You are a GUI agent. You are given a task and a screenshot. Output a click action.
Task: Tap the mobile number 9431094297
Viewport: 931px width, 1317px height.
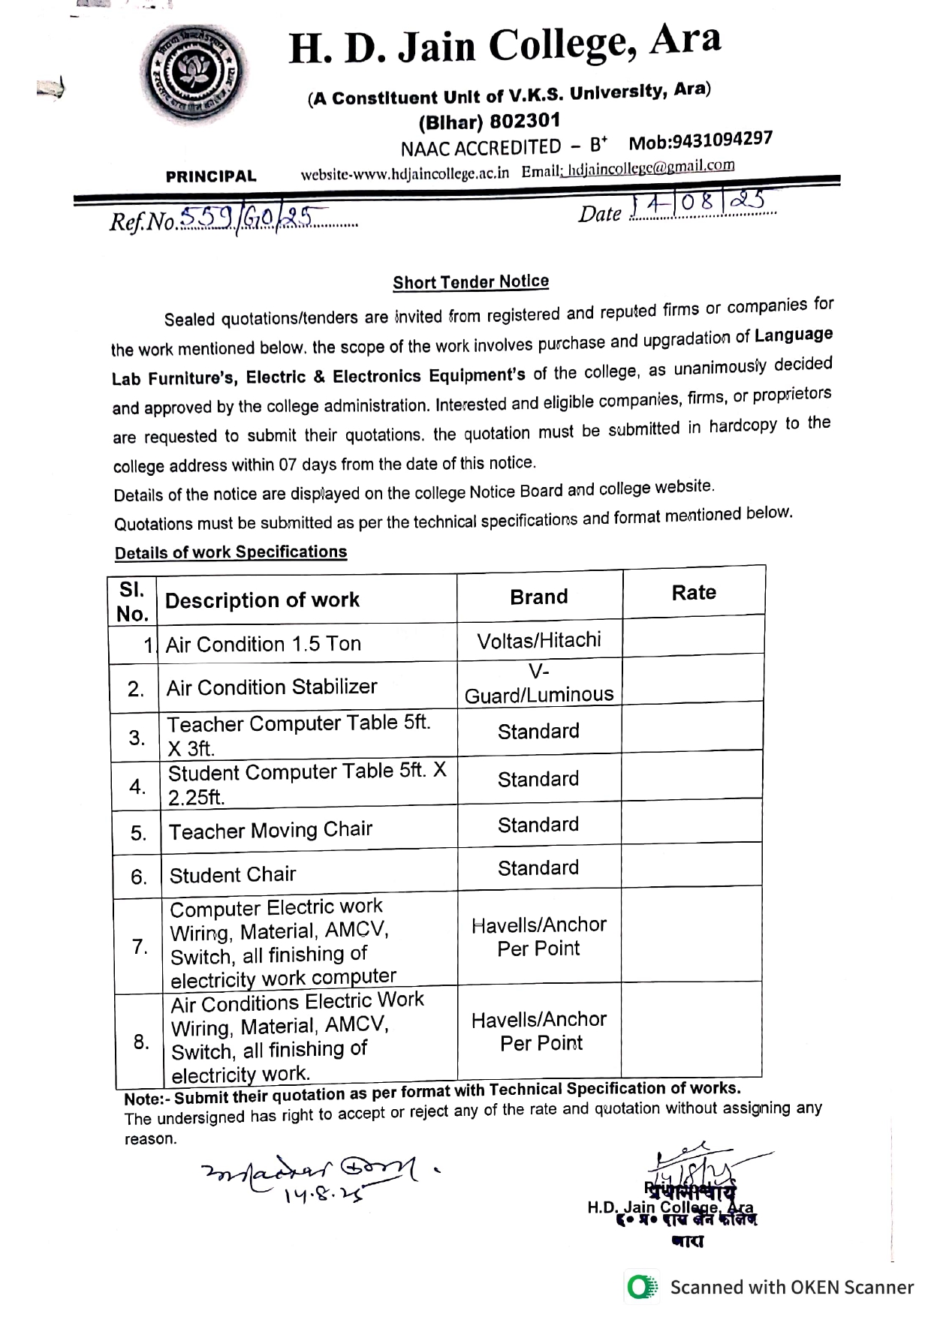click(x=700, y=140)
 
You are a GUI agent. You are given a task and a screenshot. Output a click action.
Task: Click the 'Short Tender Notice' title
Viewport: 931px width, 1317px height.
click(x=471, y=282)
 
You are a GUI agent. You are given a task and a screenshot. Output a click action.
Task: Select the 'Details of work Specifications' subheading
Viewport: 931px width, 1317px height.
click(x=230, y=552)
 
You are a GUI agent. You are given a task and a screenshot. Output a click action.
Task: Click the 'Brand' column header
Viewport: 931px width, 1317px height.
click(x=539, y=597)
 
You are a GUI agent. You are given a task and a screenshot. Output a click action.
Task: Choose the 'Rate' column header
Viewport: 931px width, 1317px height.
click(x=694, y=593)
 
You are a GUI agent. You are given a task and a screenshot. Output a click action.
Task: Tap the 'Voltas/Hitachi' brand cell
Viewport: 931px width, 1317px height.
click(x=539, y=640)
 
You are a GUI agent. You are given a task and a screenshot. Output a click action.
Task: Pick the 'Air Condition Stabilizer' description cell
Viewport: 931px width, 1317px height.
click(x=272, y=687)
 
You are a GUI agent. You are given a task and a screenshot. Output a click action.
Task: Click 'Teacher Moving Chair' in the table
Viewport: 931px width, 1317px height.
click(x=270, y=830)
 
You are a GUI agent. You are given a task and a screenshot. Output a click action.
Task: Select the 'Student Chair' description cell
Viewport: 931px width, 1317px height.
click(x=233, y=875)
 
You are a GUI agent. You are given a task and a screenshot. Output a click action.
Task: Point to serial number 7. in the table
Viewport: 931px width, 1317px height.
click(x=140, y=946)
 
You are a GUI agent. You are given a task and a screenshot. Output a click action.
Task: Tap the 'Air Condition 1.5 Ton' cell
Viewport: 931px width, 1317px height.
click(x=264, y=644)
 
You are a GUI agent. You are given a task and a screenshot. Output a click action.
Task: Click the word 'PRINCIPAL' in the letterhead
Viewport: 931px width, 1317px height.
click(x=211, y=176)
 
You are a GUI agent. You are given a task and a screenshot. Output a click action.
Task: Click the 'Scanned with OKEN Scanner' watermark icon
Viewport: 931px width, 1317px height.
click(x=640, y=1287)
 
